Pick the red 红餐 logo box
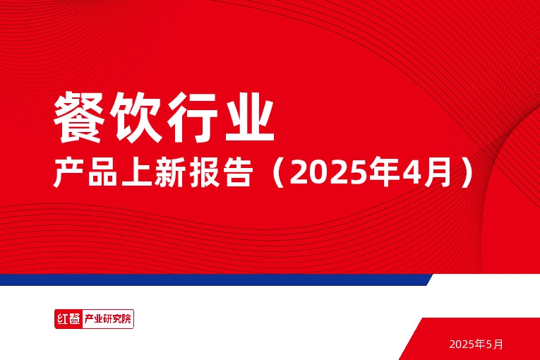click(x=68, y=319)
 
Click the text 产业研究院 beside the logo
click(x=107, y=319)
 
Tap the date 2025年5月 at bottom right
click(x=476, y=344)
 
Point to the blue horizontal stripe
click(x=212, y=280)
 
